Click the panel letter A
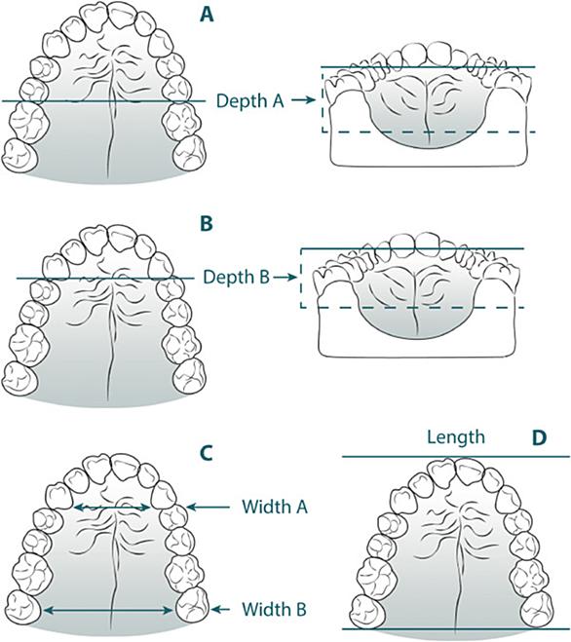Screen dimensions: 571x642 (x=207, y=15)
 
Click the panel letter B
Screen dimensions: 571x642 (x=207, y=224)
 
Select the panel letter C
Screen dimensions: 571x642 (x=206, y=453)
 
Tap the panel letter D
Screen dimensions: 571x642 (x=539, y=437)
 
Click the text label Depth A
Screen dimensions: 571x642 (x=249, y=100)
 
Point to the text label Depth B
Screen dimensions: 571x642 (x=237, y=278)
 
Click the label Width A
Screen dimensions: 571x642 (x=275, y=507)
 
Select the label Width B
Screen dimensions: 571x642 (x=274, y=609)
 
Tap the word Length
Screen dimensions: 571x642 (x=456, y=437)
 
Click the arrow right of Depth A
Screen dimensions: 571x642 (x=303, y=100)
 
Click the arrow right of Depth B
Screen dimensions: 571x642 (x=285, y=278)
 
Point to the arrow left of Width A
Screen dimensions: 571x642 (x=208, y=508)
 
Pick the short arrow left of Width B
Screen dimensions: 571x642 (x=220, y=610)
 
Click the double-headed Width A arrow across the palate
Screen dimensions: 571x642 (x=112, y=508)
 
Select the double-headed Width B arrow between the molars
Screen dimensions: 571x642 (x=108, y=611)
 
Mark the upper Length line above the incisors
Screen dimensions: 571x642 (x=456, y=457)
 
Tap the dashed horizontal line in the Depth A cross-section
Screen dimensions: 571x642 (x=430, y=132)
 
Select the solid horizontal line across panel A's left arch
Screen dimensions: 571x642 (x=103, y=100)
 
